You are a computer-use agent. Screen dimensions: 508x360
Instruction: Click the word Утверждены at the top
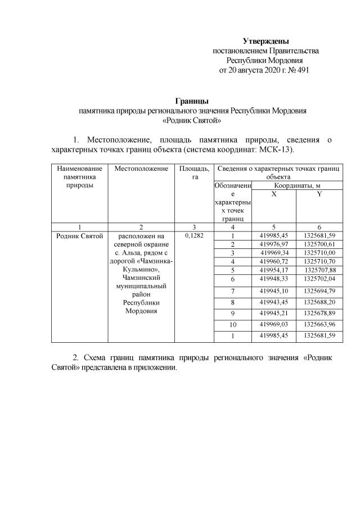coord(265,41)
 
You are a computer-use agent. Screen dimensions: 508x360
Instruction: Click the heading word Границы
coord(192,101)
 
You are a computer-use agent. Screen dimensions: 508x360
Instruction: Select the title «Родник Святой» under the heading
coord(191,120)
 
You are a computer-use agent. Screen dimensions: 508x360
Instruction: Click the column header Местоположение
coord(141,169)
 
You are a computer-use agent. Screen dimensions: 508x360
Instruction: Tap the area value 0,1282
coord(193,235)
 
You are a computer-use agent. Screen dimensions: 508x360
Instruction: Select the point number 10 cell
coord(232,325)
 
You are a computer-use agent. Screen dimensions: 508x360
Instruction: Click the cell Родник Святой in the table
coord(79,235)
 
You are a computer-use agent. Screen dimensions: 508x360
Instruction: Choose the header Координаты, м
coord(297,185)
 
